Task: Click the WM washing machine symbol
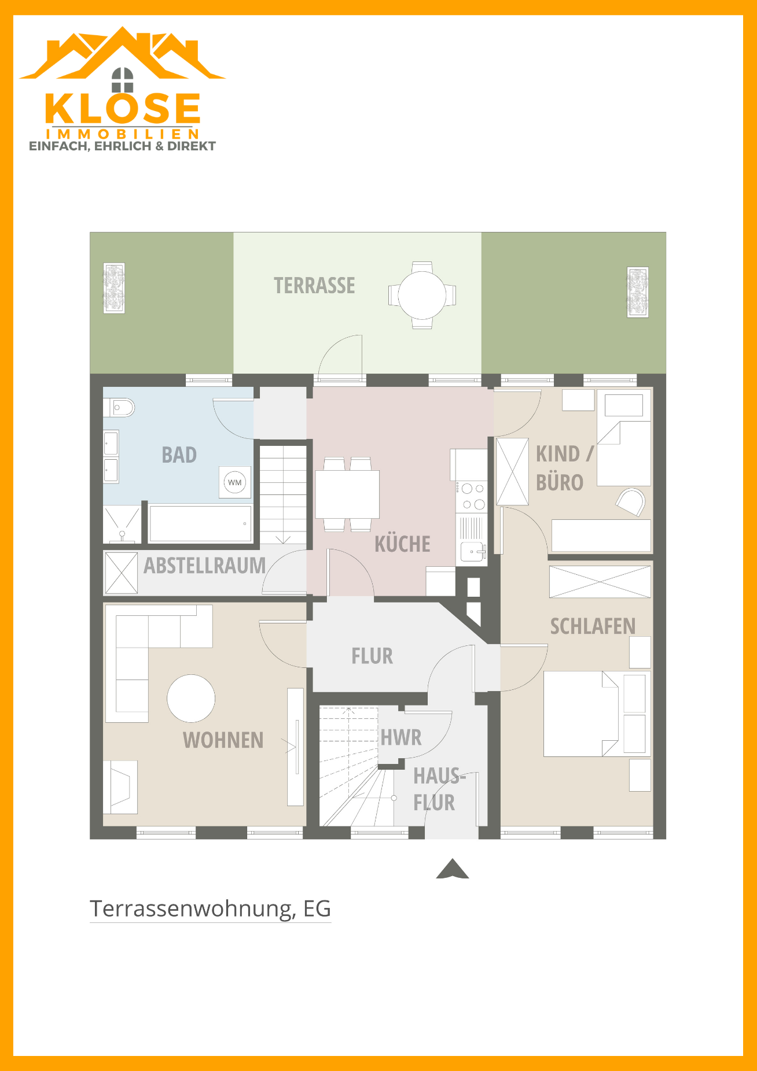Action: tap(235, 482)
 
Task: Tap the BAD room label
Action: tap(179, 455)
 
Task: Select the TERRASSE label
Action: tap(314, 286)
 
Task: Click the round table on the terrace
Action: tap(422, 295)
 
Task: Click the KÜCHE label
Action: tap(402, 544)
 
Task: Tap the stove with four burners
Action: tap(472, 497)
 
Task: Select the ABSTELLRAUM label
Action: tap(204, 566)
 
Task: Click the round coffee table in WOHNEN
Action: tap(191, 699)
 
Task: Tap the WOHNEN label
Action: tap(223, 740)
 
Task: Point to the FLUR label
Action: tap(372, 656)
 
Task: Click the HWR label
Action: tap(401, 738)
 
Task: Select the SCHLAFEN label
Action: tap(593, 626)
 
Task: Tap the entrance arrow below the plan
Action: tap(453, 869)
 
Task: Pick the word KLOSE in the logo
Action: tap(123, 108)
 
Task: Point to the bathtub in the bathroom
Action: tap(200, 523)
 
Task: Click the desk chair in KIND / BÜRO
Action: tap(631, 501)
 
